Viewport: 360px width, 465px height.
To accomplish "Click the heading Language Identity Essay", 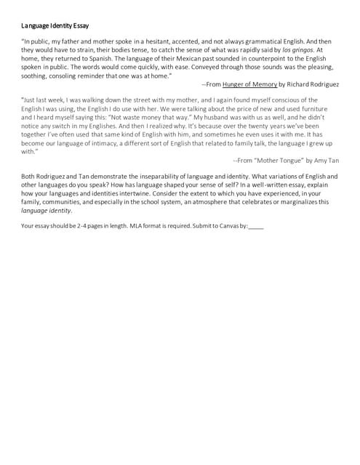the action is point(55,25).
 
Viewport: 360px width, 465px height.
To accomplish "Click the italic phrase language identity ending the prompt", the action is point(46,211).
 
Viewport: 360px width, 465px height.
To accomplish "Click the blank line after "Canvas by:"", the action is point(256,227).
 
